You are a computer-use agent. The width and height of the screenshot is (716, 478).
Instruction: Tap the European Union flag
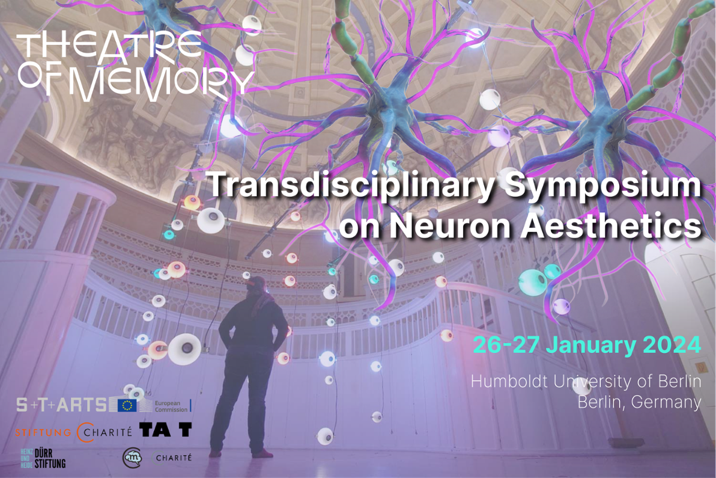pyautogui.click(x=127, y=405)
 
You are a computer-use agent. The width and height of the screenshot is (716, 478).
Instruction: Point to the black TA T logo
pyautogui.click(x=165, y=429)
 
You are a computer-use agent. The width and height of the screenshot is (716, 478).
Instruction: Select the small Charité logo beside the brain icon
pyautogui.click(x=174, y=458)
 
